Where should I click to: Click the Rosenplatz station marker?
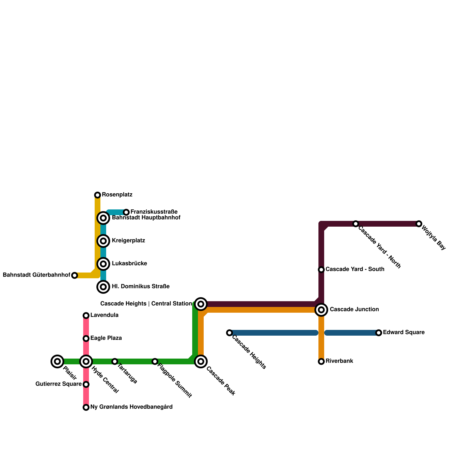pos(98,195)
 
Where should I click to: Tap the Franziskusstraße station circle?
pos(126,212)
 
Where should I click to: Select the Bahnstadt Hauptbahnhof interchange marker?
pos(103,218)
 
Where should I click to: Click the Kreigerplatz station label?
pos(128,241)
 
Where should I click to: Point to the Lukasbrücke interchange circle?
pos(103,264)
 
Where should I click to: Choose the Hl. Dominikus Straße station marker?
pos(103,287)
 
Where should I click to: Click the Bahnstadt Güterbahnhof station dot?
pos(75,275)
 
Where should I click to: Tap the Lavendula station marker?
pos(86,316)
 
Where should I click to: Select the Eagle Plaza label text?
pos(106,338)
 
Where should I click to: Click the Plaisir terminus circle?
pos(57,361)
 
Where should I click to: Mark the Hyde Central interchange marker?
pos(86,361)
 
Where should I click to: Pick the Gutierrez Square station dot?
pos(86,384)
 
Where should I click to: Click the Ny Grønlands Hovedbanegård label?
pos(131,407)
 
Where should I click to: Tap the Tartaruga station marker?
pos(115,361)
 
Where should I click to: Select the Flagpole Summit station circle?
pos(155,361)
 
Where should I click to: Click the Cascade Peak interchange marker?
pos(201,361)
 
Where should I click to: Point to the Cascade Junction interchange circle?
pos(321,310)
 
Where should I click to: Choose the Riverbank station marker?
pos(321,361)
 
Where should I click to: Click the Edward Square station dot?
pos(379,333)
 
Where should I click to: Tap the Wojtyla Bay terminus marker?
pos(419,224)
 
